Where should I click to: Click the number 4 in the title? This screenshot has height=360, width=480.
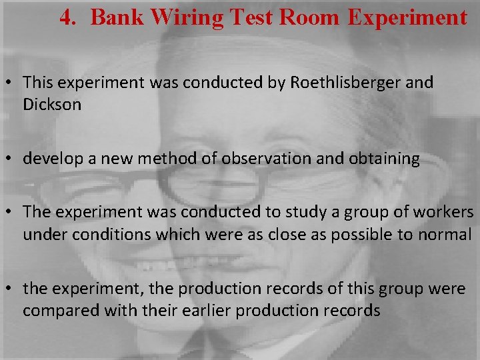65,17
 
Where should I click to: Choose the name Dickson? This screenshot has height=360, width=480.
52,105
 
